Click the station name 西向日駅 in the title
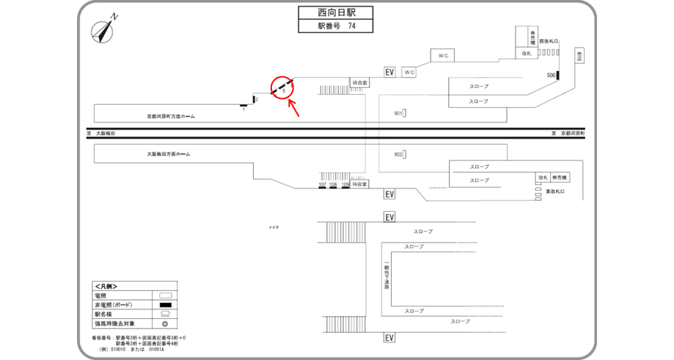pos(335,13)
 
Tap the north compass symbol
pos(103,32)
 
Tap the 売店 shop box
pos(580,56)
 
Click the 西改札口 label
pos(549,41)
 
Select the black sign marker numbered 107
pos(322,187)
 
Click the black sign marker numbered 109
pos(345,187)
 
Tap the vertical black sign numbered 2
pos(253,99)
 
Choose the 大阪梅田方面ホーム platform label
pos(168,155)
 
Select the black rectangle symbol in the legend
pos(165,304)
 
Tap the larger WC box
pos(442,56)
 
